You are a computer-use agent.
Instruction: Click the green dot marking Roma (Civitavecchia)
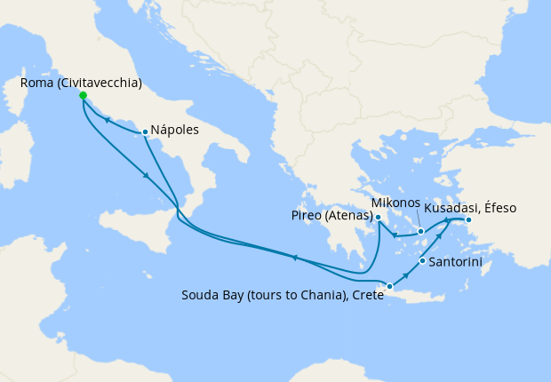click(83, 95)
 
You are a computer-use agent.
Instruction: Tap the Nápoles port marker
click(145, 132)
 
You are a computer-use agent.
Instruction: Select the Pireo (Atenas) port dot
click(378, 218)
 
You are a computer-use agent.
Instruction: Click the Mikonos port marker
click(421, 231)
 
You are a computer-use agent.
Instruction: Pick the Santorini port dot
click(422, 262)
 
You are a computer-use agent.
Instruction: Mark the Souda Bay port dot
click(389, 286)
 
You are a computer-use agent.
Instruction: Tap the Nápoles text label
click(175, 130)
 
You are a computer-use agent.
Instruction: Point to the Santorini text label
click(456, 263)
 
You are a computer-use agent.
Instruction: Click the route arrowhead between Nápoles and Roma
click(108, 119)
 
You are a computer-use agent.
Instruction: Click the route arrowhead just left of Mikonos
click(395, 234)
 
